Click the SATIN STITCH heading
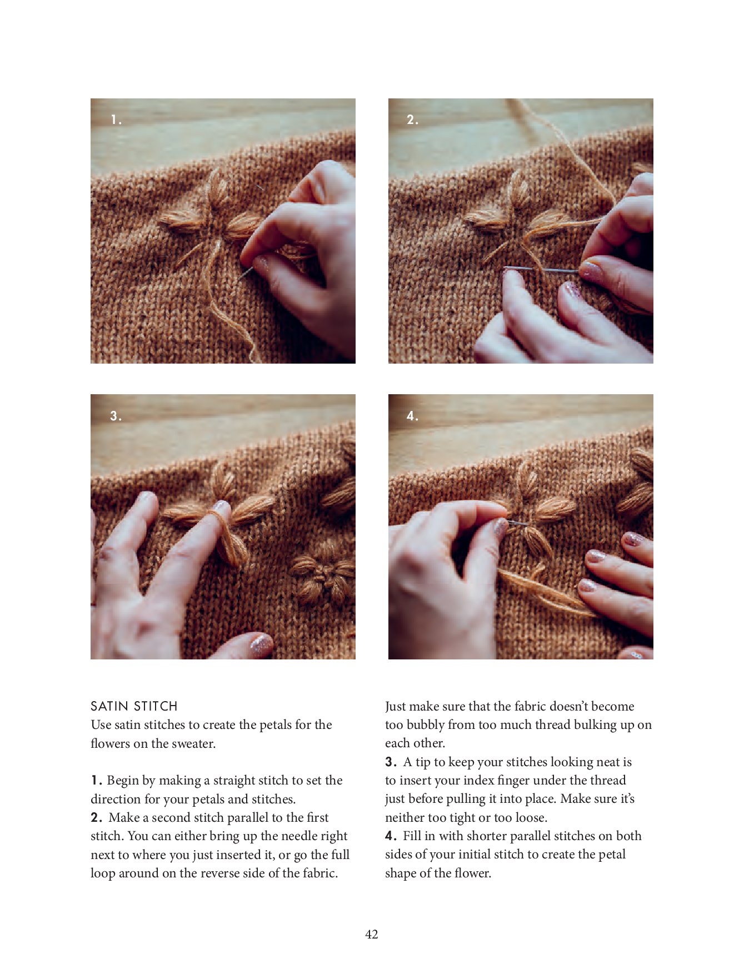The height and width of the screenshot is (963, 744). [134, 706]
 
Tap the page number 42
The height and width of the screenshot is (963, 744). [372, 934]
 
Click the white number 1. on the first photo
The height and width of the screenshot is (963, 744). [116, 120]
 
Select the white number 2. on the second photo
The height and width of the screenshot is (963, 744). [412, 120]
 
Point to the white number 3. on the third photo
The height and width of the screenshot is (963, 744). [116, 416]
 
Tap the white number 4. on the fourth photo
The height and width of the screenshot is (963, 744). [412, 416]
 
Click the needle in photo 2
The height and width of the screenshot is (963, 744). [542, 270]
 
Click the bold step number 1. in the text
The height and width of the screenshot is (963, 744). [97, 781]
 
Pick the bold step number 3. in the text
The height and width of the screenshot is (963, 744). [391, 762]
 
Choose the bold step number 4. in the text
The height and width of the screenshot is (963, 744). [391, 836]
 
